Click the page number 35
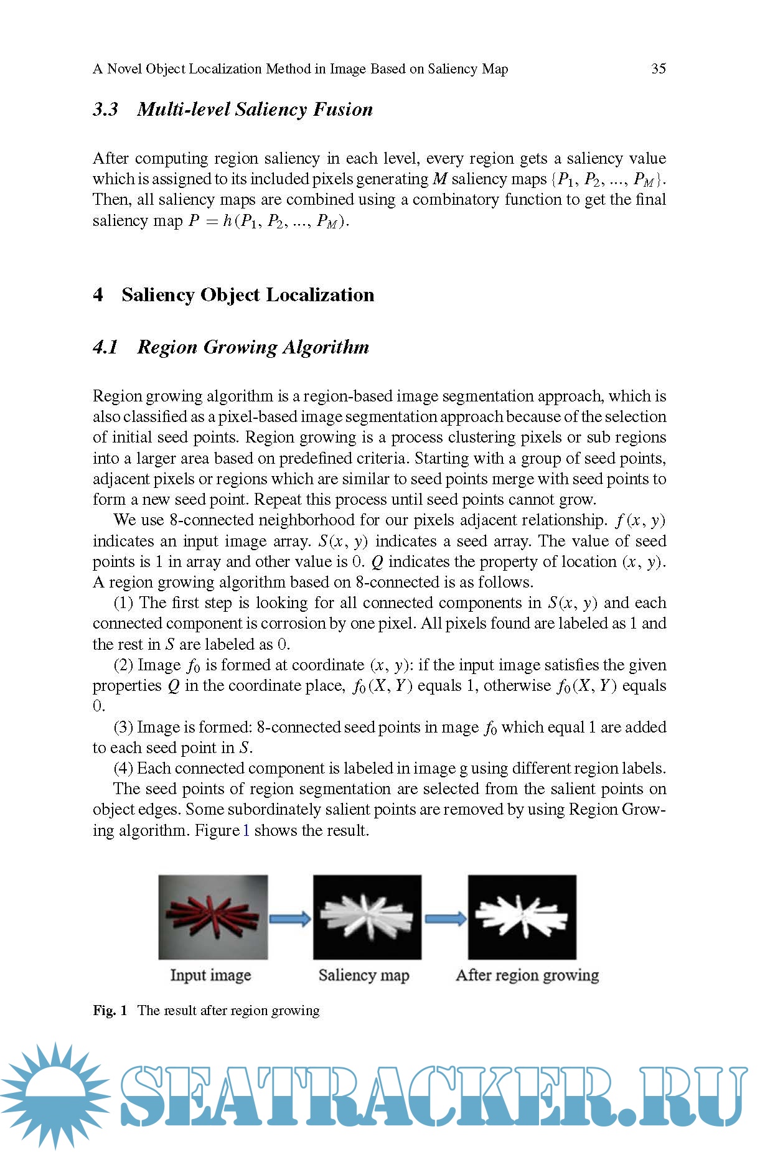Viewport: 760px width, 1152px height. pos(658,68)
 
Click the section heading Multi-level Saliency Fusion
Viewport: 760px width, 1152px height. pos(255,110)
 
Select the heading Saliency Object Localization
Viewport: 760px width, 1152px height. pos(248,294)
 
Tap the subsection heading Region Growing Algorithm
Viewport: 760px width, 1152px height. pos(253,347)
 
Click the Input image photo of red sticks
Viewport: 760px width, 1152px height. pos(213,917)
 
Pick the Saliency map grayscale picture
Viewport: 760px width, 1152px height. pos(367,917)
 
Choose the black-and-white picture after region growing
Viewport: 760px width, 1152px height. pos(522,917)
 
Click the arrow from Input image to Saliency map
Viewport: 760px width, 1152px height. pos(290,918)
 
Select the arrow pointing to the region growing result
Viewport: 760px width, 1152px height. pos(445,918)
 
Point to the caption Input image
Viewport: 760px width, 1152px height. pos(210,975)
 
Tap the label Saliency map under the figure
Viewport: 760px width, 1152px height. pos(364,975)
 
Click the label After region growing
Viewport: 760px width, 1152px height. pos(527,975)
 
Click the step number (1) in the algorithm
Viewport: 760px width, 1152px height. pos(123,603)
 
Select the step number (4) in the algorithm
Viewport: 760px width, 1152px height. pos(123,769)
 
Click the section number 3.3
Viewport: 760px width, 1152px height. pos(105,110)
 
